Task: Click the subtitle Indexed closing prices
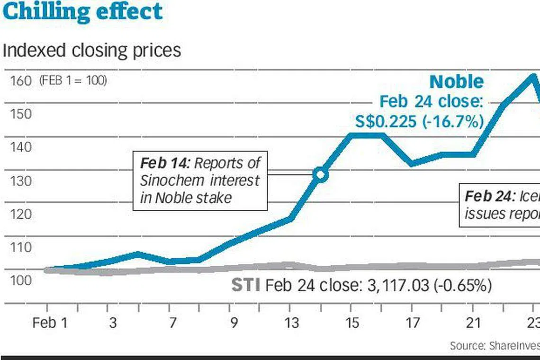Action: tap(91, 50)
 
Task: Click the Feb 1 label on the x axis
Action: tap(50, 323)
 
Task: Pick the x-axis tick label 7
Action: tap(172, 323)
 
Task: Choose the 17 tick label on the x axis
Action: tap(412, 323)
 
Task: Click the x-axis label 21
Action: tap(473, 323)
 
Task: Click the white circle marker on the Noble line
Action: tap(321, 175)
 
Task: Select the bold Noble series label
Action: tap(456, 82)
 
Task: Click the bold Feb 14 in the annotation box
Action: tap(164, 163)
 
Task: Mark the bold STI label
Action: tap(245, 285)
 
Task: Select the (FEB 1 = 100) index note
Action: tap(73, 81)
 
